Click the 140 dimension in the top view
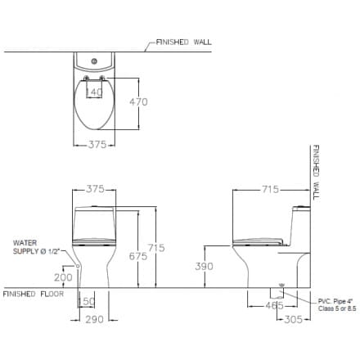coord(95,92)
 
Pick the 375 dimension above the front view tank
coord(95,189)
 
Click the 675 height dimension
coord(137,256)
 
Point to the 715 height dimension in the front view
coord(155,248)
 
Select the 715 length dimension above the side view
coord(270,190)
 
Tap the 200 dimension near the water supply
coord(62,277)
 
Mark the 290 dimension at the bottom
coord(94,319)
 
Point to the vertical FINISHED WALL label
coord(315,173)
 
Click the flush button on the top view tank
coord(95,61)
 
